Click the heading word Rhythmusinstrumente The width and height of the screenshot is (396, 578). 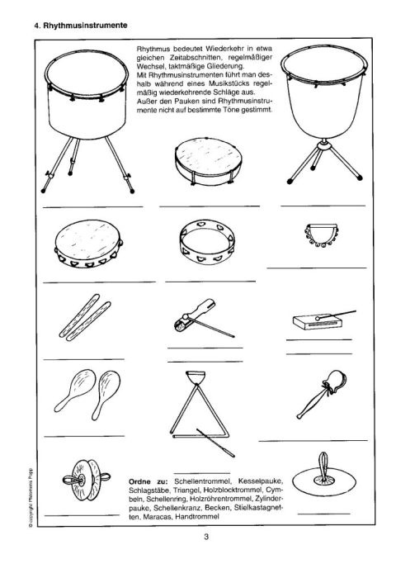click(x=86, y=26)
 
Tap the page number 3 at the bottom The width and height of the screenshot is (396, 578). click(x=206, y=537)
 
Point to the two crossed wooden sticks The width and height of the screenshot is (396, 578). click(x=85, y=317)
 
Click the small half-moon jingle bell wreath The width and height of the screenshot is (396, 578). click(x=321, y=235)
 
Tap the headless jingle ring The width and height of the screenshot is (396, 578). click(x=207, y=242)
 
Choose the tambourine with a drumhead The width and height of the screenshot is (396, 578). click(x=89, y=244)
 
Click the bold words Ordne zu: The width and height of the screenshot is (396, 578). click(x=148, y=481)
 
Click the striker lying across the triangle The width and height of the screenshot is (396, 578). click(x=215, y=443)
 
